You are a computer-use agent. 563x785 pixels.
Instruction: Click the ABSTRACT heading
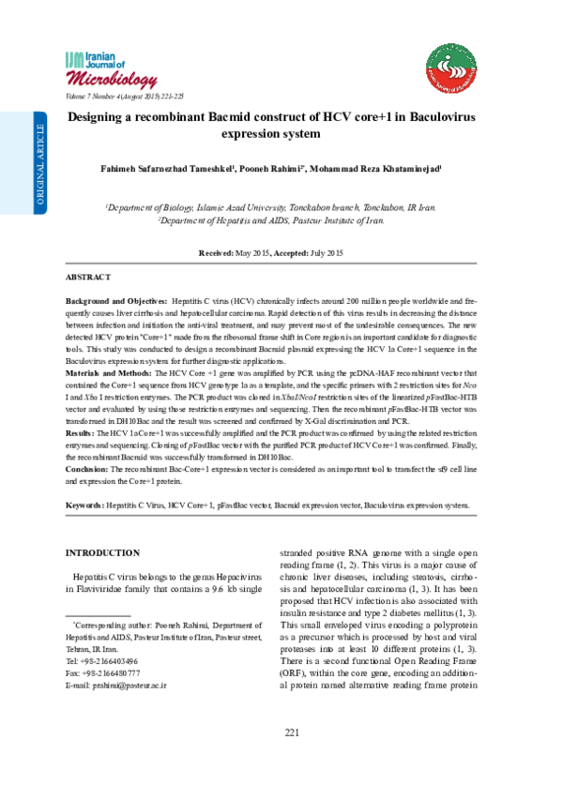pyautogui.click(x=88, y=279)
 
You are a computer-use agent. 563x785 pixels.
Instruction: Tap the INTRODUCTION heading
pyautogui.click(x=105, y=553)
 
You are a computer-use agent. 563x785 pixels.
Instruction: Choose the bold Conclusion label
pyautogui.click(x=86, y=468)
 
